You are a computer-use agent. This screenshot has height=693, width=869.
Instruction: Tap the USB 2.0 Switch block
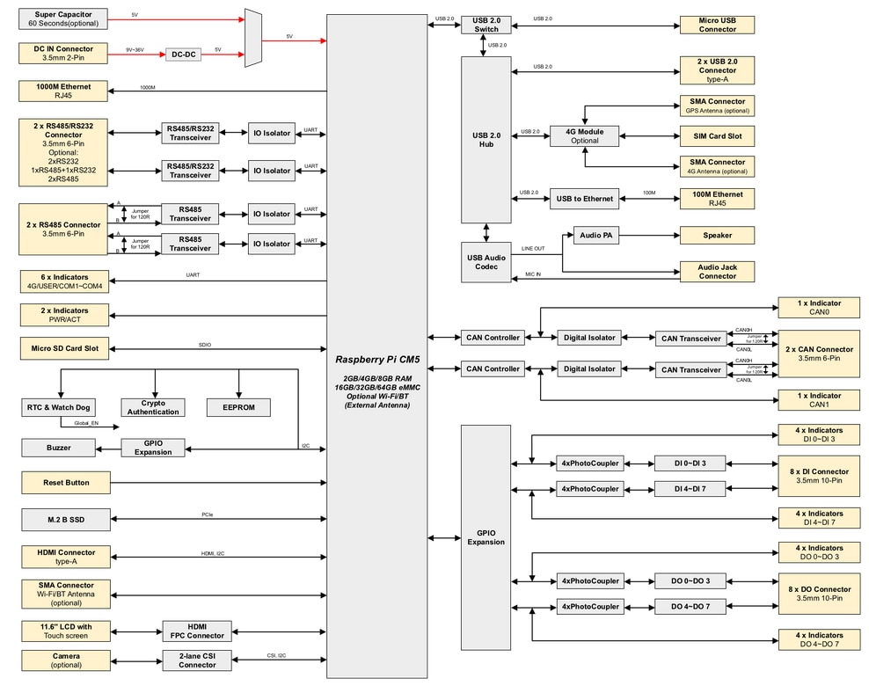[486, 24]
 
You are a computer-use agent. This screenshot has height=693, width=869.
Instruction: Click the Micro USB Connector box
[717, 25]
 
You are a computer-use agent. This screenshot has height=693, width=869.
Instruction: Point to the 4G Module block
[584, 136]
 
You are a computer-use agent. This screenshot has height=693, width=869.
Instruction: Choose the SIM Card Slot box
[717, 136]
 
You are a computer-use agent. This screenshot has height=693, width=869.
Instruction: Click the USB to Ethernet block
[584, 199]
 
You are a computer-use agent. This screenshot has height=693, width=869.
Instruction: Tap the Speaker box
[717, 235]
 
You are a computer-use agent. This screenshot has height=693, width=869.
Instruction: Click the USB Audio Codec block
[486, 262]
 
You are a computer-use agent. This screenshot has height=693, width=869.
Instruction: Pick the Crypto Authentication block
[154, 407]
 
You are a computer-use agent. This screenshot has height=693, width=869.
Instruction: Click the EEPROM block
[238, 407]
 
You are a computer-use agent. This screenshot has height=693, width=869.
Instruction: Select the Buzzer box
[59, 448]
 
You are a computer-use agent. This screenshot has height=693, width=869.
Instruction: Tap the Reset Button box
[66, 483]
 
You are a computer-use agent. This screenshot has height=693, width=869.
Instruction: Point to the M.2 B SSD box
[66, 520]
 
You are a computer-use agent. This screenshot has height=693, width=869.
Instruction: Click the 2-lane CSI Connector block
[197, 660]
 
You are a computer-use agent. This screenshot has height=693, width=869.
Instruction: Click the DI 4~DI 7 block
[690, 488]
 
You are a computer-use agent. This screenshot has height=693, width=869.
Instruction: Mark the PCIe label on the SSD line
[208, 515]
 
